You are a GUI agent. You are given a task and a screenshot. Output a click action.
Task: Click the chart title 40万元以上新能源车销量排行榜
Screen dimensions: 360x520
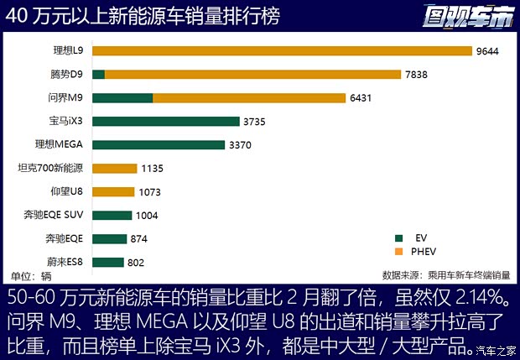143,16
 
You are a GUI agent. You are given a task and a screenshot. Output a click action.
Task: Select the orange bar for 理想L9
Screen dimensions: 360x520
282,50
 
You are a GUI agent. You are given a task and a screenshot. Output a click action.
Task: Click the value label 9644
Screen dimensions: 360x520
488,50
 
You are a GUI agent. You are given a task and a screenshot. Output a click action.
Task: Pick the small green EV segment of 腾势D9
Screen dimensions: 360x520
98,74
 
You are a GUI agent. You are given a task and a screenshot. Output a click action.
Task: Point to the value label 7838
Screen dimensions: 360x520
418,74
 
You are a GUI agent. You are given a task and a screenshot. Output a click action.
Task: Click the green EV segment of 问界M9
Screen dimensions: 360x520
122,97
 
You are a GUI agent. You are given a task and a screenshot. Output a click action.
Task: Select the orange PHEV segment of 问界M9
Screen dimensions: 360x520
249,97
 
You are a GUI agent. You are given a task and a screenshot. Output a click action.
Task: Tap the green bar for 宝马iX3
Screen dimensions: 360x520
166,121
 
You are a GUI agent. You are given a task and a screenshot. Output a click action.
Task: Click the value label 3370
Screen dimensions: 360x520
242,144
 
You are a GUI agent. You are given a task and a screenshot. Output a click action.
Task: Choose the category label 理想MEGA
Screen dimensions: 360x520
58,144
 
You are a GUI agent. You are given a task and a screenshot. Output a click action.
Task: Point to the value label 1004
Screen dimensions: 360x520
147,215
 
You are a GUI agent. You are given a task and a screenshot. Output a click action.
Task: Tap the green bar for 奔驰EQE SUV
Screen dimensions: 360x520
112,215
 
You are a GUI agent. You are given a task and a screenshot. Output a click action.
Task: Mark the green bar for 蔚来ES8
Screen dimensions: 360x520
107,262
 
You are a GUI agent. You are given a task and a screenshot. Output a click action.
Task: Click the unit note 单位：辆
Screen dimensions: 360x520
31,275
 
